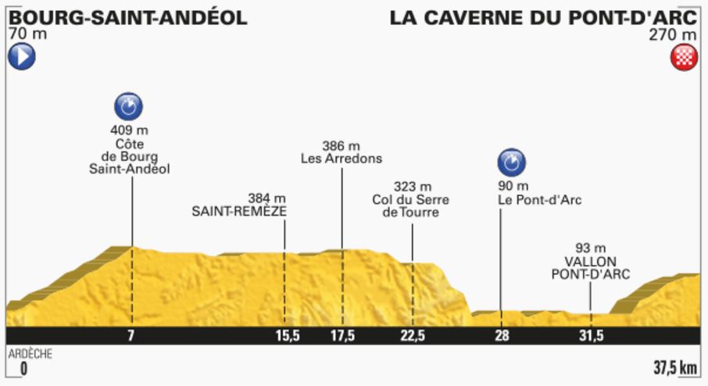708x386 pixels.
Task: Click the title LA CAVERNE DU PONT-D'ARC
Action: point(544,18)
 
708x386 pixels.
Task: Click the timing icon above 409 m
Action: point(129,105)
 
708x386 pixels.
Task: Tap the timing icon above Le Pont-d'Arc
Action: point(512,163)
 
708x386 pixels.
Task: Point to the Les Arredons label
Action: point(341,159)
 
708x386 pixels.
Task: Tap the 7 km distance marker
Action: point(131,336)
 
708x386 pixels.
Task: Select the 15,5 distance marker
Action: point(287,336)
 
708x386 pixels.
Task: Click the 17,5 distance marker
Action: point(341,336)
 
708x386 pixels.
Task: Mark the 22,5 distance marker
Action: point(412,336)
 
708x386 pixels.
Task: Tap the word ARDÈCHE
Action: point(31,354)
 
